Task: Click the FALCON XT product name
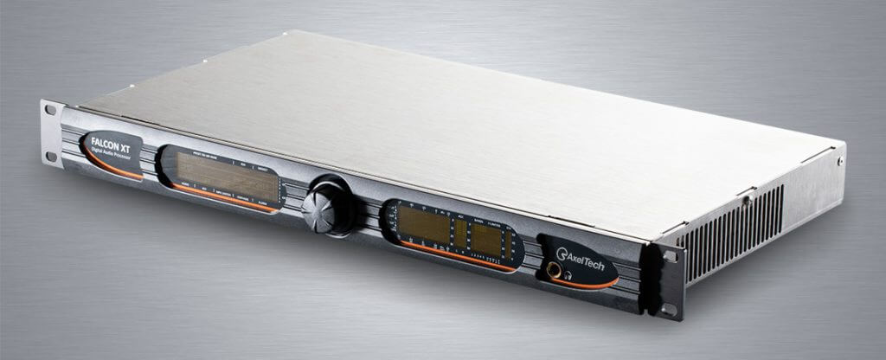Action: click(x=112, y=138)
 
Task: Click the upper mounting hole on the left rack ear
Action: click(x=50, y=110)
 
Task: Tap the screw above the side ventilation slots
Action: click(x=746, y=201)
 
